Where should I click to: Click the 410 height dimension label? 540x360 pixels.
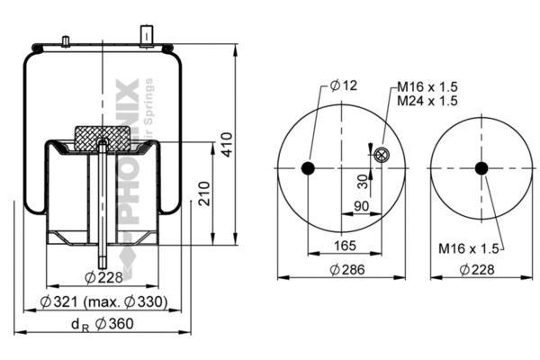[x=227, y=144]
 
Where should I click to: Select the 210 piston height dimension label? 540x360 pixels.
[x=204, y=193]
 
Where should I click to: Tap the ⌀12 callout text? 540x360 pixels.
[x=344, y=85]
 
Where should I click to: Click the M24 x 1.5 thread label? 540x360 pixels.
[x=427, y=101]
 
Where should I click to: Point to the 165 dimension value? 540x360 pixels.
[x=345, y=246]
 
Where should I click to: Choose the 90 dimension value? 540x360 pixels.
[x=361, y=206]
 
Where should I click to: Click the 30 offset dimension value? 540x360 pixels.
[x=363, y=182]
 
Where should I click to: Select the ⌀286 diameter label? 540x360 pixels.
[x=347, y=269]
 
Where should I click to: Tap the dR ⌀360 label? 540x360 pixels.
[x=102, y=324]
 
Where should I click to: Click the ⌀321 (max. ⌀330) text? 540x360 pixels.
[x=103, y=302]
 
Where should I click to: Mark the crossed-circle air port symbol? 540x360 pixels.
[x=381, y=155]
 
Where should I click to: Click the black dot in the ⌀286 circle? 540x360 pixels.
[x=308, y=168]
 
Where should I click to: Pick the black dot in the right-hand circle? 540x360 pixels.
[x=481, y=168]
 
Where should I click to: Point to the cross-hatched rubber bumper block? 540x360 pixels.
[x=103, y=138]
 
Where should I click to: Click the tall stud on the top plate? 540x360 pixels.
[x=147, y=35]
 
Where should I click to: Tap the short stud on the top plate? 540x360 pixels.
[x=66, y=41]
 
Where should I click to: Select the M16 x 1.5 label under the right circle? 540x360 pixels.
[x=468, y=248]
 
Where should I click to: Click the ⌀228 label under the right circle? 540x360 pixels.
[x=477, y=269]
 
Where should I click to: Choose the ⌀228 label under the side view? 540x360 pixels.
[x=103, y=277]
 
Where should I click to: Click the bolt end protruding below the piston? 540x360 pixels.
[x=103, y=256]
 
